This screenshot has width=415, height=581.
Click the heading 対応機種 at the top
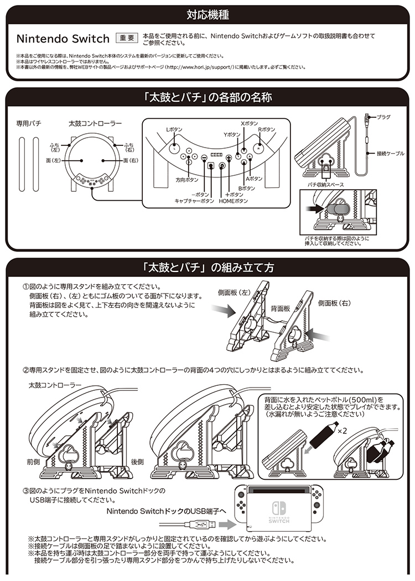click(207, 15)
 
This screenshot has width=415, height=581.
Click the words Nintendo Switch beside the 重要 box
click(63, 39)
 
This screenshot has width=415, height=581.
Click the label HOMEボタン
click(234, 201)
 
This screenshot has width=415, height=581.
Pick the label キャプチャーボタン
click(194, 201)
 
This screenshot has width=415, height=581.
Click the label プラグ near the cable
click(383, 117)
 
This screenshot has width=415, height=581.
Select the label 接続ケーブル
click(390, 153)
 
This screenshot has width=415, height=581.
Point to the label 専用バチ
click(28, 122)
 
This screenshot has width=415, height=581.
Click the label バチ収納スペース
click(326, 184)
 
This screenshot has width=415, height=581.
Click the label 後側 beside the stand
click(138, 461)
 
